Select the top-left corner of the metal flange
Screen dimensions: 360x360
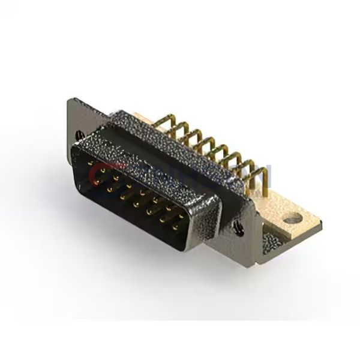pyautogui.click(x=68, y=100)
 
